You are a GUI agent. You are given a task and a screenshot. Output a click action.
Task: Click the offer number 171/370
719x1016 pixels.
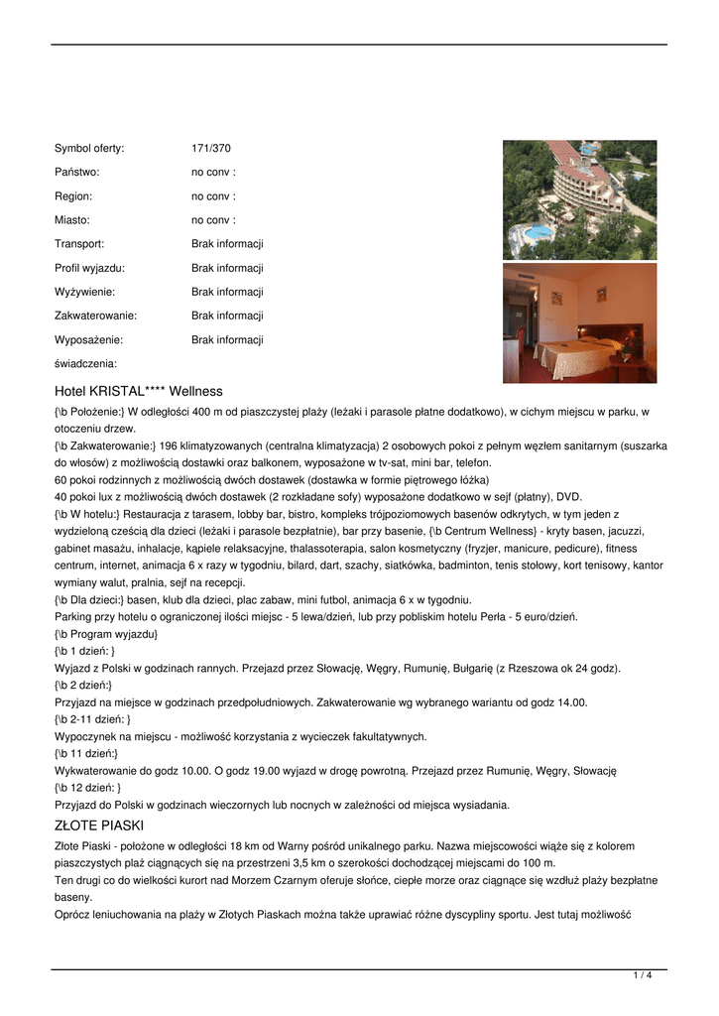(x=210, y=149)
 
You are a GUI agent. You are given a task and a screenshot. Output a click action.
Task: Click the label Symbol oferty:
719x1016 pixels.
(x=89, y=149)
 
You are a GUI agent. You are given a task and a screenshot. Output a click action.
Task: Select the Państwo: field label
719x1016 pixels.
(x=77, y=173)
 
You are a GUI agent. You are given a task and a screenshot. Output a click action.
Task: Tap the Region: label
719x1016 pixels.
(x=74, y=196)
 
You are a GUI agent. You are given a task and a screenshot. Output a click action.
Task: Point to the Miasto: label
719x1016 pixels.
(x=72, y=220)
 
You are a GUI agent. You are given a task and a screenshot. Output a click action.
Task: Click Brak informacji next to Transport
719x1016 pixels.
(x=227, y=244)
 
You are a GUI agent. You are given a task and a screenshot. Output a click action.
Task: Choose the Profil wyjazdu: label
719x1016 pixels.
(x=89, y=268)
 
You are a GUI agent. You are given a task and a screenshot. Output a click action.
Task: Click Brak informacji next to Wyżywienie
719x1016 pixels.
(x=227, y=292)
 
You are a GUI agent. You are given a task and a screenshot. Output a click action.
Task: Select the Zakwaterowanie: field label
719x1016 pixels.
(x=95, y=316)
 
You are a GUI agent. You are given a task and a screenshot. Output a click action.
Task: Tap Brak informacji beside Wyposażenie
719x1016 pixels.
(x=227, y=339)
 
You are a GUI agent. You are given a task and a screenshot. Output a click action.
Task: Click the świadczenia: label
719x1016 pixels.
(x=85, y=364)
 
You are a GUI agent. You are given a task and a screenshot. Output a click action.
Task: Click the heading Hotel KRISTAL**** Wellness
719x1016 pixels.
(x=139, y=392)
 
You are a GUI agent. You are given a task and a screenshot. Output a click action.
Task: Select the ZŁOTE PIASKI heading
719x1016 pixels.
(x=99, y=825)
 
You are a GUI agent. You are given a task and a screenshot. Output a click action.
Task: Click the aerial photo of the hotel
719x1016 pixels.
(x=579, y=199)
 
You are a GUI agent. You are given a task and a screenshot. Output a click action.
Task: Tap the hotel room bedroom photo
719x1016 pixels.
(x=579, y=322)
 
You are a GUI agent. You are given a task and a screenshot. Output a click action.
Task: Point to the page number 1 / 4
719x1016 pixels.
(x=643, y=976)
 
